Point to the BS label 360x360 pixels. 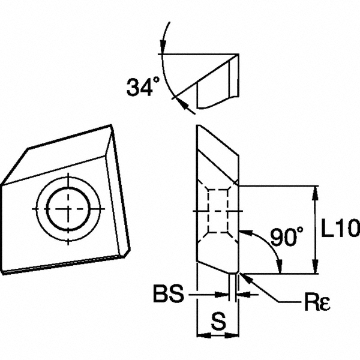(170, 295)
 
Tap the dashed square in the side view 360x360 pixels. (217, 212)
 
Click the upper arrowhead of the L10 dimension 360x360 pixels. (316, 191)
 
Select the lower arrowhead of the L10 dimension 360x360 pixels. (316, 269)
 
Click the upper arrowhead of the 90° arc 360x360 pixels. (242, 230)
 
